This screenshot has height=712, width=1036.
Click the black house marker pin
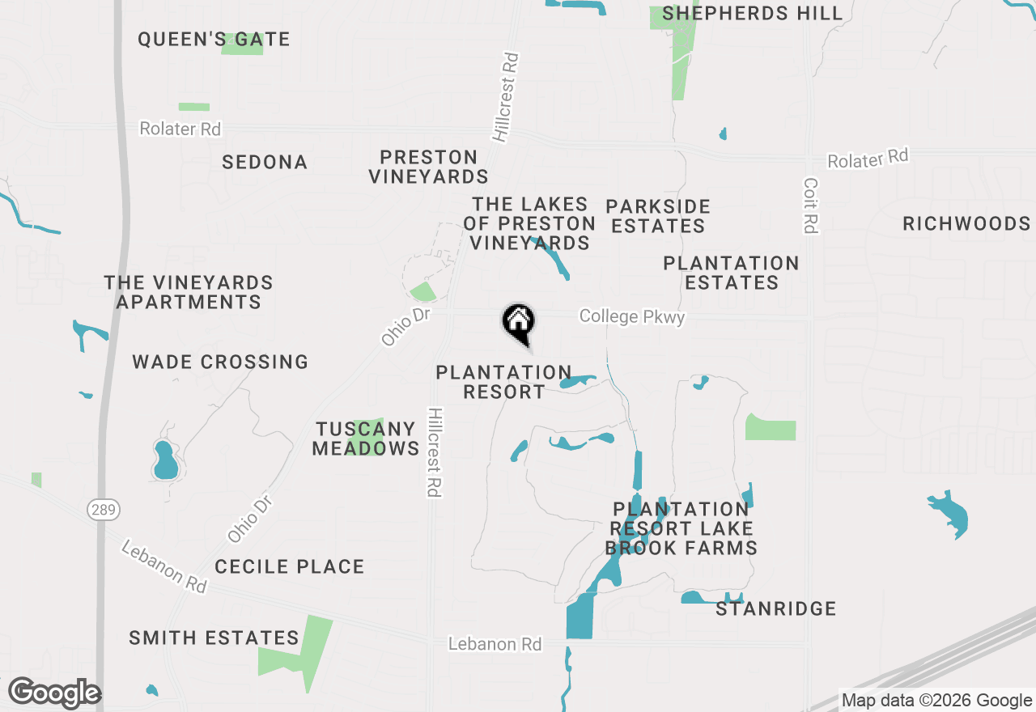point(519,323)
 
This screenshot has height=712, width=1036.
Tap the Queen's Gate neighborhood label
point(214,39)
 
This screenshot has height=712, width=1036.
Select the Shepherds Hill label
point(753,14)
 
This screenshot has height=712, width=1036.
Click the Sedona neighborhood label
point(265,162)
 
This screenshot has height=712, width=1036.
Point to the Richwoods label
point(966,223)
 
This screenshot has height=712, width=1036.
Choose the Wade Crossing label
point(220,362)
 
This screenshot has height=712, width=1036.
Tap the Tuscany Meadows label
point(366,439)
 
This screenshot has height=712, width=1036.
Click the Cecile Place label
point(290,566)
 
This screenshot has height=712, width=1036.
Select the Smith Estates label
point(214,638)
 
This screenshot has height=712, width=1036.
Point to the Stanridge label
point(775,608)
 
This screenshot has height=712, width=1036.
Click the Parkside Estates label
point(658,216)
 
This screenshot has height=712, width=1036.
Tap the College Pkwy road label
point(632,316)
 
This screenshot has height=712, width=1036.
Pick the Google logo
point(55,693)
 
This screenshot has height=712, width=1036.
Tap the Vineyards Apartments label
point(189,292)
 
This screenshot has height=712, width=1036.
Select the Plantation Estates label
point(731,273)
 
